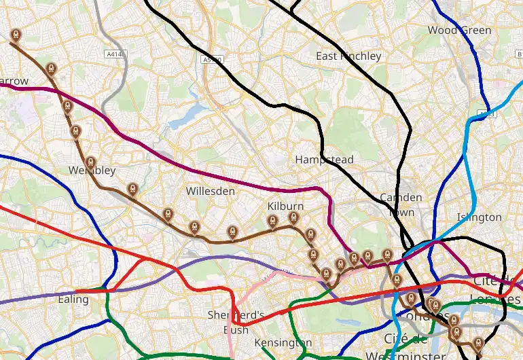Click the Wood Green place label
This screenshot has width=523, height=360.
[459, 31]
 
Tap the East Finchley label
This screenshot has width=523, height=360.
[348, 56]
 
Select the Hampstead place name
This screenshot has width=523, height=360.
[324, 160]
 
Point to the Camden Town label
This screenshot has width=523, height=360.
[401, 204]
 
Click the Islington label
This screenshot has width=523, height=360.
[479, 217]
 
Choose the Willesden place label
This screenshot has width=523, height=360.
[210, 192]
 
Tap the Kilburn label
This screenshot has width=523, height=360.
[286, 206]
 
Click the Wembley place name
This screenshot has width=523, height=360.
[92, 170]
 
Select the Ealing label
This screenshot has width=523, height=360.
[73, 299]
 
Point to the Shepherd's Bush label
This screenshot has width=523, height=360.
[235, 323]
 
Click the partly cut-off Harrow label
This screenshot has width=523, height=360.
[13, 82]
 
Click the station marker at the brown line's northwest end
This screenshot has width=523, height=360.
[16, 35]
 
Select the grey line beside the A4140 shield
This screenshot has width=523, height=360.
[103, 27]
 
